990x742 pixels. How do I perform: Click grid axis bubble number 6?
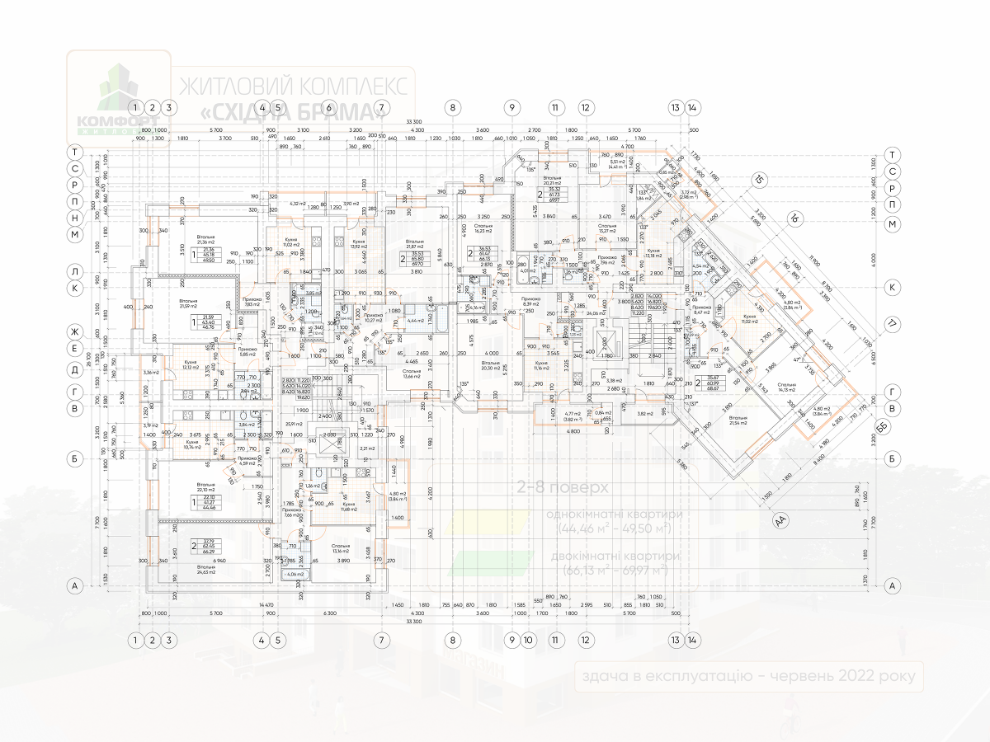click(328, 107)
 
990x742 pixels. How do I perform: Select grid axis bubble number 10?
click(529, 639)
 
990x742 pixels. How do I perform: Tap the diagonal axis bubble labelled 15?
click(759, 180)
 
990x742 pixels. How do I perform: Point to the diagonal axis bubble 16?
click(794, 218)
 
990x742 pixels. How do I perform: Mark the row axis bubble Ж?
click(74, 332)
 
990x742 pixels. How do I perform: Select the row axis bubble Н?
click(74, 218)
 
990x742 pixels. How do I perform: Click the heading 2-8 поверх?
click(551, 487)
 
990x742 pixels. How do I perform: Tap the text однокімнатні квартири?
click(615, 514)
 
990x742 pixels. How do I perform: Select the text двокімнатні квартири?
click(615, 556)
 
